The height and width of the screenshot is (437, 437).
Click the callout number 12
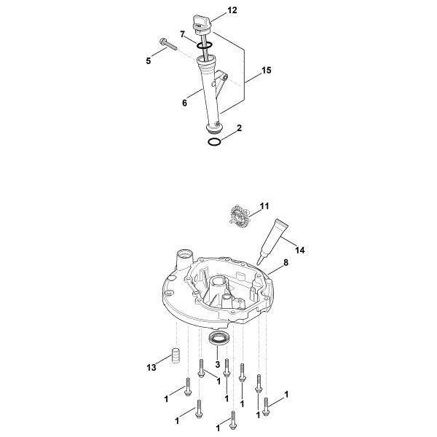(x=212, y=11)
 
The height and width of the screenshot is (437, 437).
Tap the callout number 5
(x=149, y=60)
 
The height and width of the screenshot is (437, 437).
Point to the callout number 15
(x=267, y=71)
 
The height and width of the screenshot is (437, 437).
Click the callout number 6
(x=186, y=103)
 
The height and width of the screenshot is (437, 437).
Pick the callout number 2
(x=239, y=127)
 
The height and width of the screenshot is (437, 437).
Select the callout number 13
(x=152, y=368)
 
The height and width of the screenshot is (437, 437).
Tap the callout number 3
(x=217, y=364)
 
